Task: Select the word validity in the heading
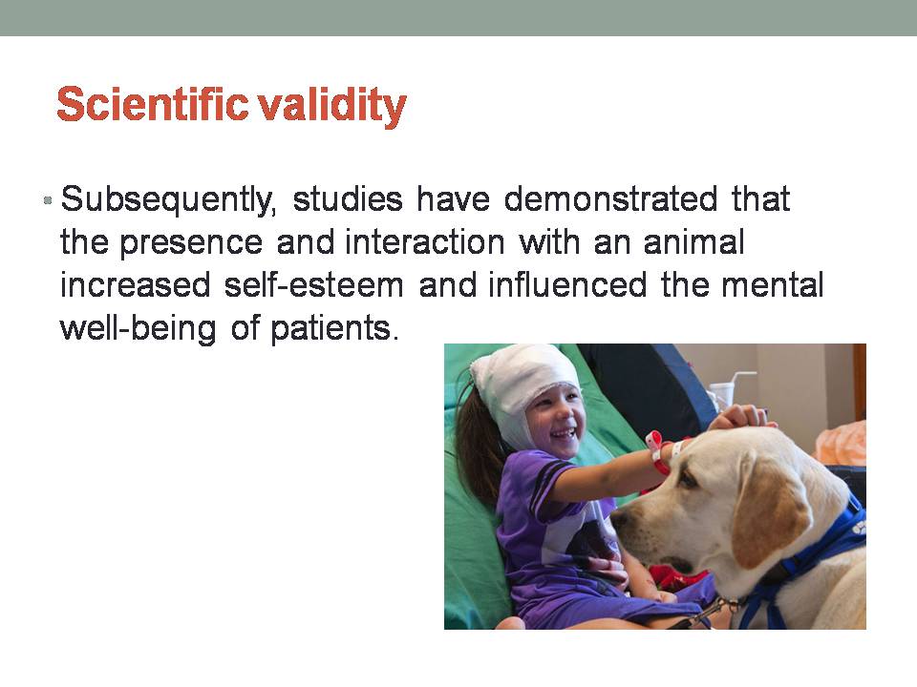332,106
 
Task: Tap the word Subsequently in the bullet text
168,200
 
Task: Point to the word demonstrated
610,198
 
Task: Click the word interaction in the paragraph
424,241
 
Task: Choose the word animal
693,241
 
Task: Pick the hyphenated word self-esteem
314,285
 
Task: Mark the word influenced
567,285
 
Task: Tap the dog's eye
688,480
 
